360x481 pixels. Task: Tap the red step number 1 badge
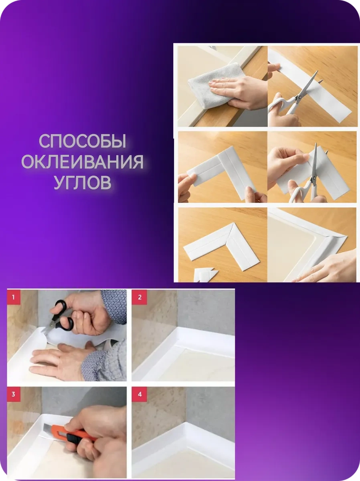(x=14, y=297)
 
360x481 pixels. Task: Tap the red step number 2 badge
(x=140, y=297)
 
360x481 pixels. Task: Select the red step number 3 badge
(x=14, y=394)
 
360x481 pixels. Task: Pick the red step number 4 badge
(x=140, y=394)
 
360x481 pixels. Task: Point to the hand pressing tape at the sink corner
(x=329, y=269)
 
